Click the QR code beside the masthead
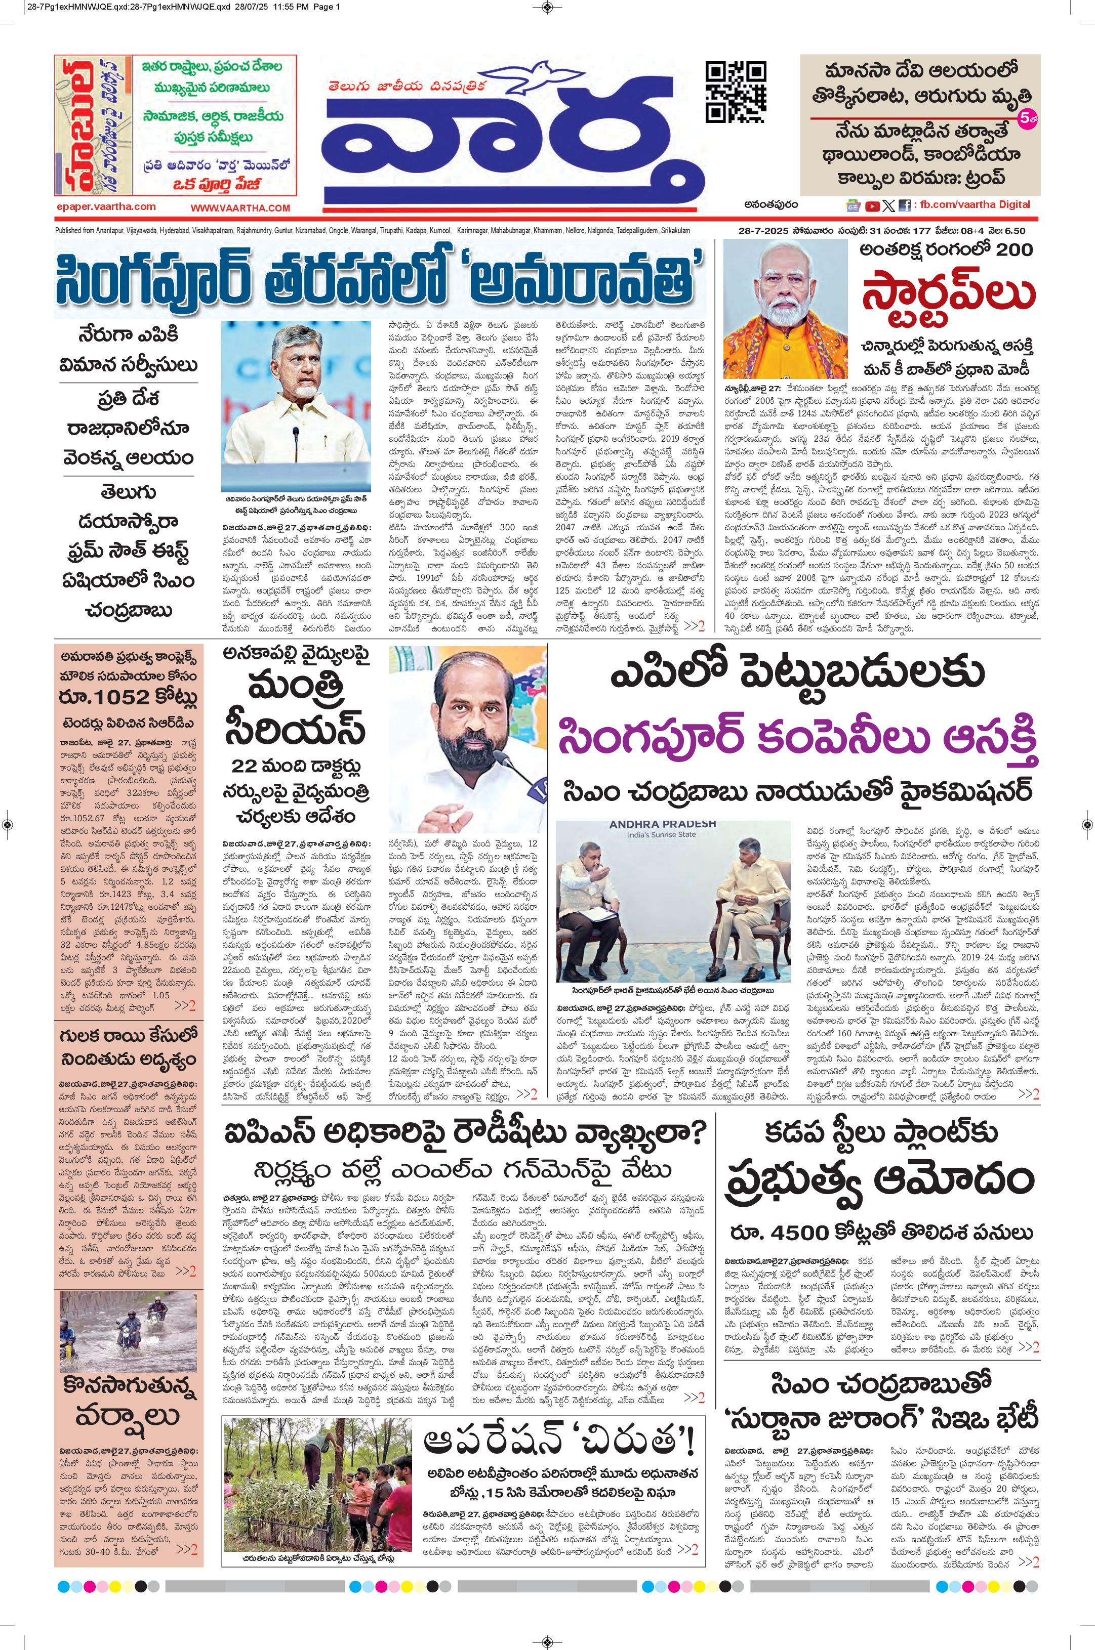(736, 92)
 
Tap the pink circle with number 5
(1029, 119)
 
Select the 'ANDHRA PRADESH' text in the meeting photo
(663, 824)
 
